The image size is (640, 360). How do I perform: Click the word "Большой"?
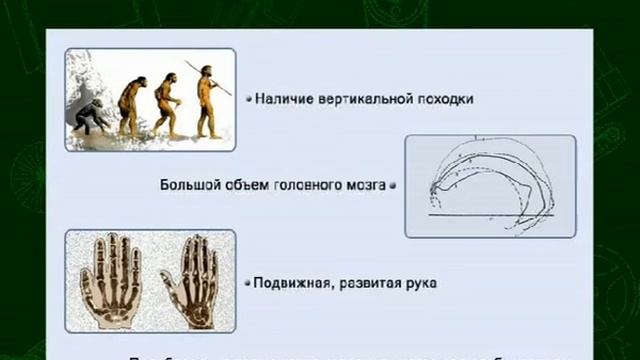point(187,185)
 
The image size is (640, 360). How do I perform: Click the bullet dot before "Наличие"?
point(247,99)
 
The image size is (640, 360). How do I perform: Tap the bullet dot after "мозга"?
point(393,185)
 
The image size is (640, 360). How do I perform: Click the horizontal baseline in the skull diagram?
point(490,215)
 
